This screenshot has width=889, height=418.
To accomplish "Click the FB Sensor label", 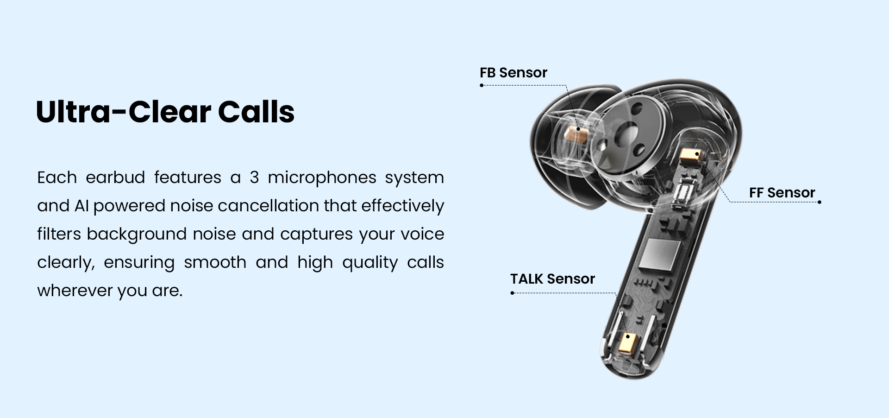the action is pyautogui.click(x=513, y=73).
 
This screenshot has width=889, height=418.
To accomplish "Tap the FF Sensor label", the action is pyautogui.click(x=782, y=193).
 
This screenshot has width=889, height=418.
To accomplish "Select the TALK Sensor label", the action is pyautogui.click(x=552, y=279).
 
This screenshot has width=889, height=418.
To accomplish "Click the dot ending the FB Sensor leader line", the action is pyautogui.click(x=482, y=85).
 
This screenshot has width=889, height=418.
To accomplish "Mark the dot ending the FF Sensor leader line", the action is pyautogui.click(x=820, y=202).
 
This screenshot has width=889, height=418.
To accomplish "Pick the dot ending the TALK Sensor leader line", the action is pyautogui.click(x=513, y=293).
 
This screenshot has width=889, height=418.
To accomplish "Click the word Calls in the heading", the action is pyautogui.click(x=256, y=112).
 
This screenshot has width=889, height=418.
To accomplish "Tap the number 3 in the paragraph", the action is pyautogui.click(x=254, y=177).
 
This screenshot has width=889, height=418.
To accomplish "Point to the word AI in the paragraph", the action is pyautogui.click(x=81, y=206).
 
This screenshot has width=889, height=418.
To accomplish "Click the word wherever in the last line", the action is pyautogui.click(x=75, y=291).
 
